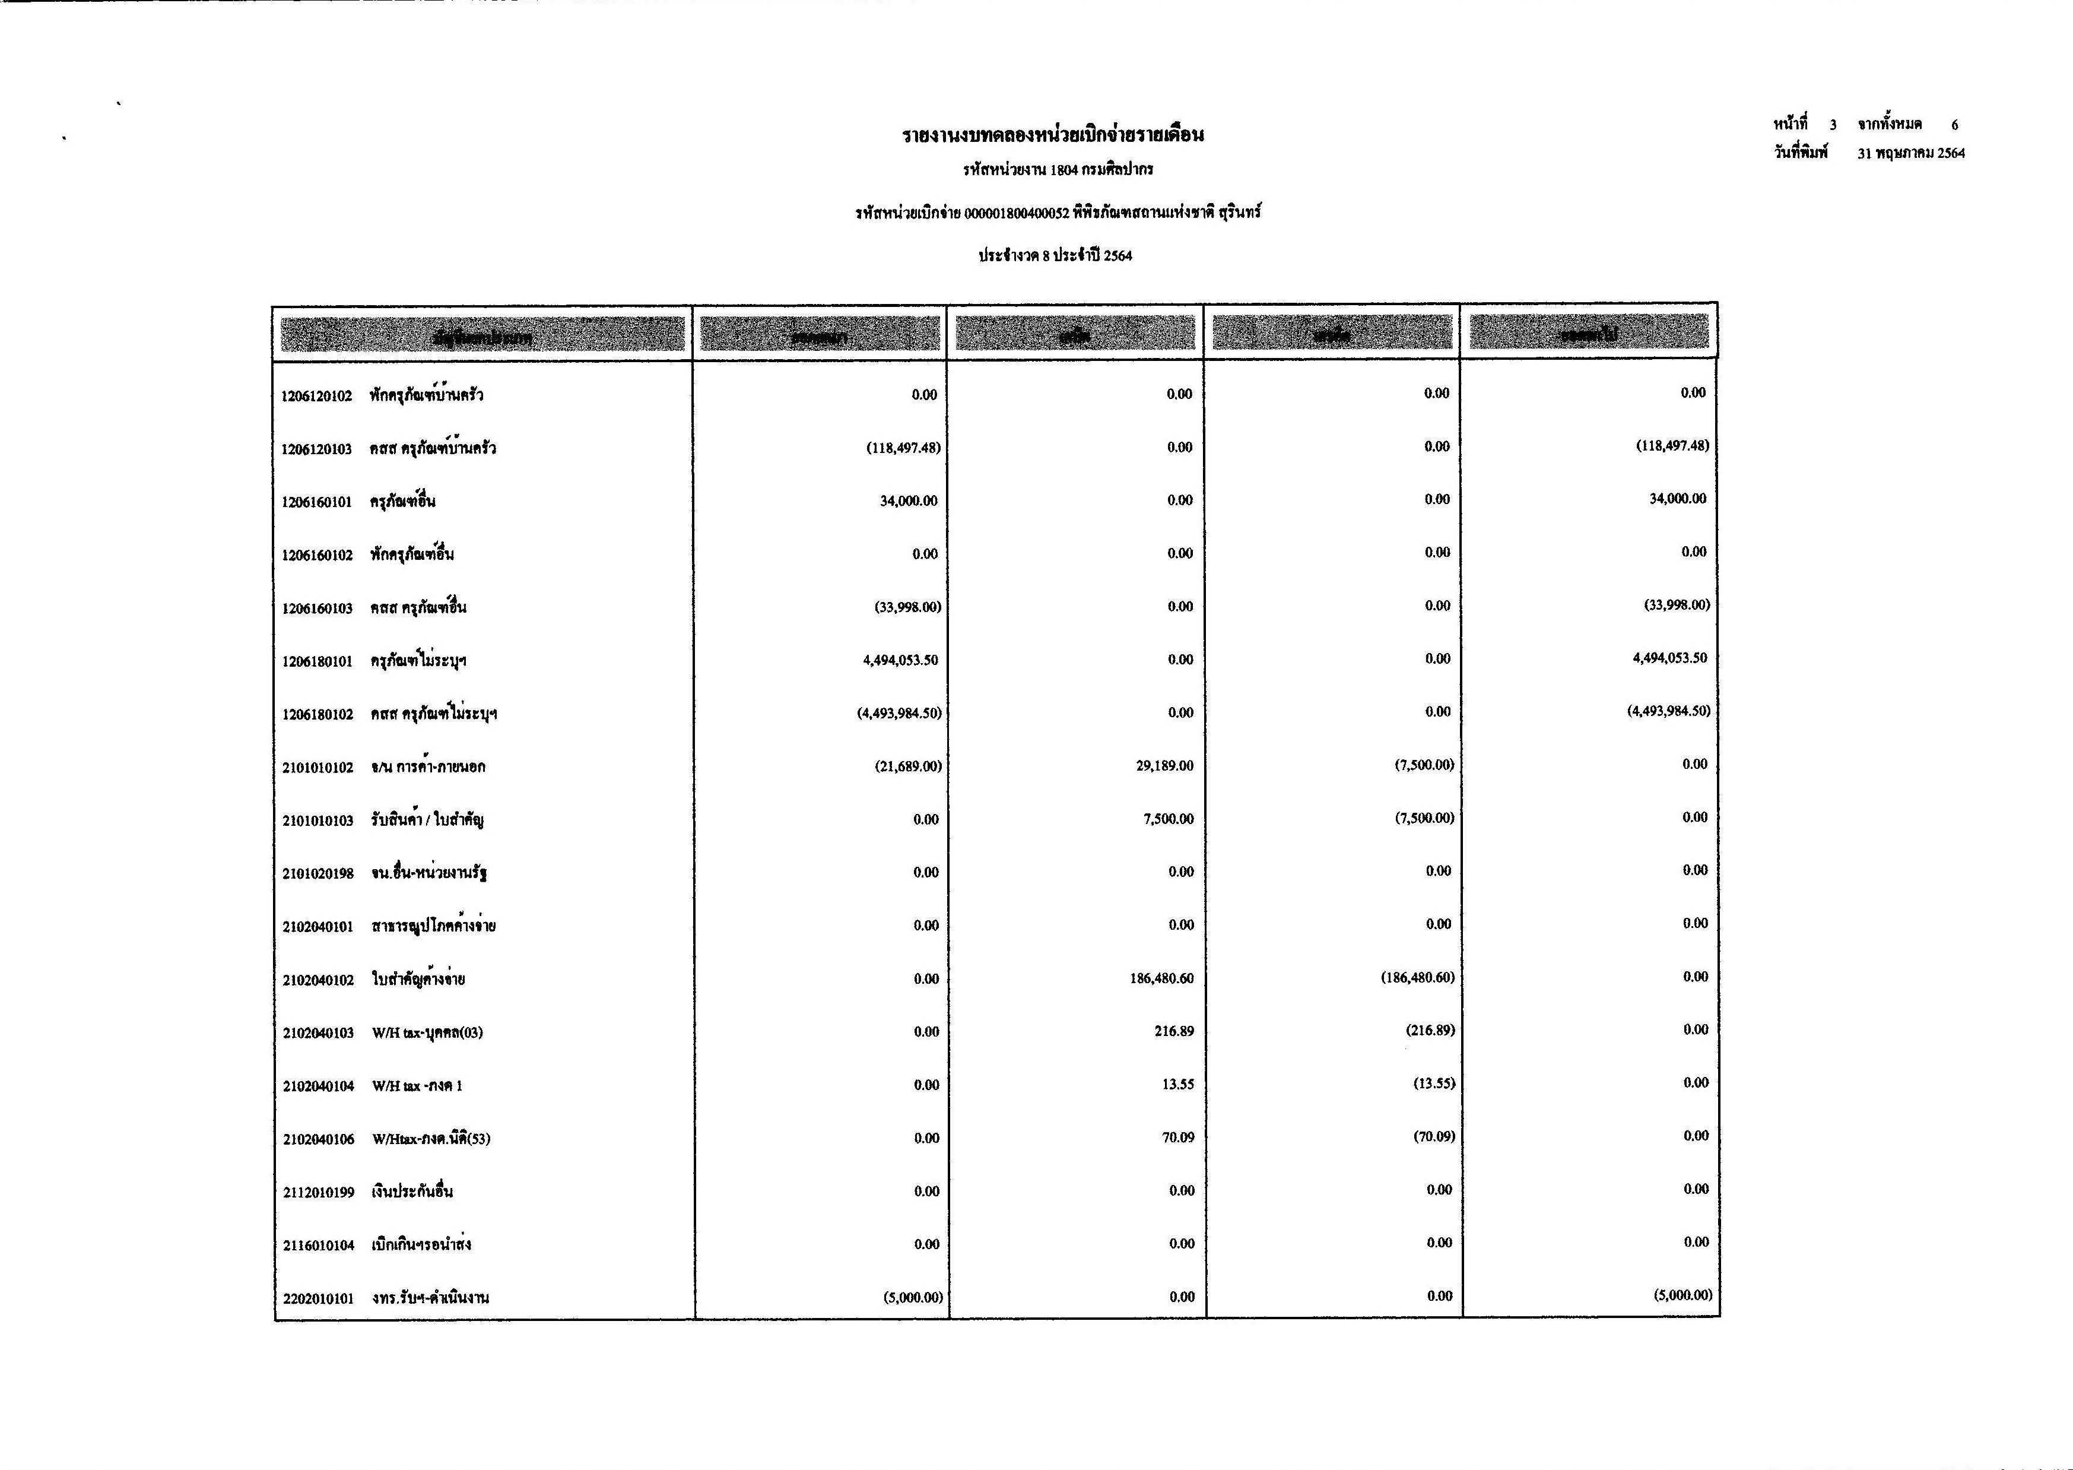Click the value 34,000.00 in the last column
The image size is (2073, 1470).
[x=1678, y=499]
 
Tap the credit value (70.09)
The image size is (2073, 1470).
[x=1434, y=1136]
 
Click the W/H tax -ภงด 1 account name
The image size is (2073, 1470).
[x=417, y=1085]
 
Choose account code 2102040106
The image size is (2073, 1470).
[x=319, y=1139]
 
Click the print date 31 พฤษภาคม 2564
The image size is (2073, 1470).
[x=1911, y=154]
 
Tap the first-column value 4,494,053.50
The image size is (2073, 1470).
[x=900, y=660]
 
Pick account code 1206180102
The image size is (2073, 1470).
[x=318, y=714]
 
